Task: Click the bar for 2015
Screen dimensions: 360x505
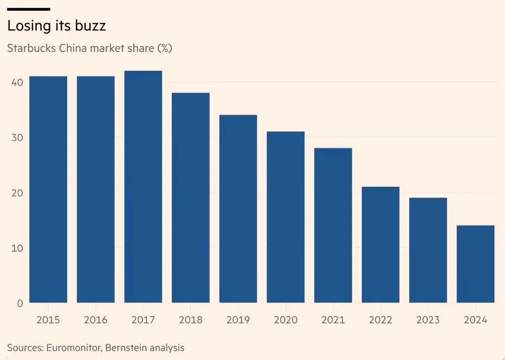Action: coord(48,189)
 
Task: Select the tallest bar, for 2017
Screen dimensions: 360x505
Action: coord(143,187)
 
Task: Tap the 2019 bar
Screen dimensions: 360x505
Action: coord(238,209)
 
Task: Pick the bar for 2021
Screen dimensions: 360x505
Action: coord(333,225)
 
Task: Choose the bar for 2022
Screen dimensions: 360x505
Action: coord(380,245)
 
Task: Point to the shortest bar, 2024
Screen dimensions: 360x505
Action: coord(475,264)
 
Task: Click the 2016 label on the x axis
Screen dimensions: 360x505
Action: coord(95,320)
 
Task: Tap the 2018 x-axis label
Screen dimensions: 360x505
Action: coord(190,320)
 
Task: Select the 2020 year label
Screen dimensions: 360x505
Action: coord(285,320)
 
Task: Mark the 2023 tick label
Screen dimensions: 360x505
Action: coord(428,320)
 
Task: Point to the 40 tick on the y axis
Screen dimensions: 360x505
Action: coord(17,82)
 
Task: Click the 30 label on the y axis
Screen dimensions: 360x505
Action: coord(17,137)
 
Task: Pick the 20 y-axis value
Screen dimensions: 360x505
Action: coord(17,192)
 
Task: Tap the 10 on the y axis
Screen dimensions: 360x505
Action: coord(17,248)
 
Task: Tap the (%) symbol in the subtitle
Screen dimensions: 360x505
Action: coord(165,49)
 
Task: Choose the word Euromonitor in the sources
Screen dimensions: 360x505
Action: coord(73,348)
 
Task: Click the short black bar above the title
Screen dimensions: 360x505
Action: coord(28,9)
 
